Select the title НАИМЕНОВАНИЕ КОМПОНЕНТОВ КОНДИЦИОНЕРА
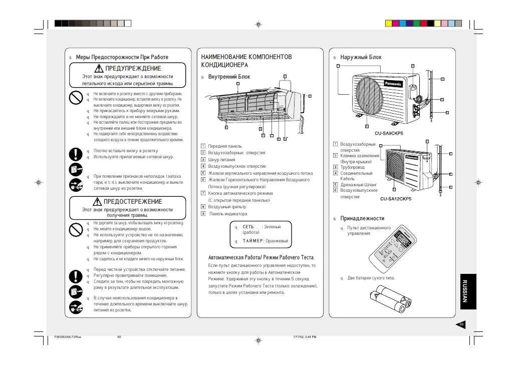[246, 61]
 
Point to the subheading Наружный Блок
[361, 58]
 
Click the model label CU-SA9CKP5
[389, 133]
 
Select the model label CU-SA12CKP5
[395, 199]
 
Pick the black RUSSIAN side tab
[467, 291]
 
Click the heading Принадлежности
[362, 218]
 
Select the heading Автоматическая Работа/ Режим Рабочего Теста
[261, 257]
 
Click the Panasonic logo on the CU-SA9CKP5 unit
[393, 84]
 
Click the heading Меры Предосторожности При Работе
[122, 58]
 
